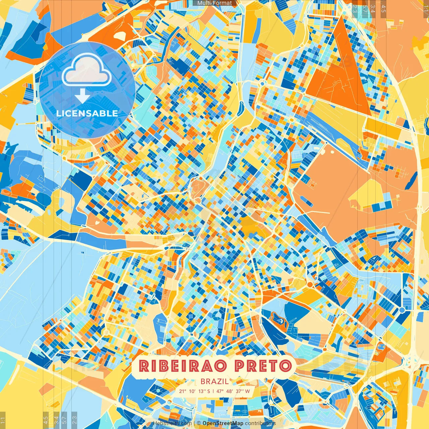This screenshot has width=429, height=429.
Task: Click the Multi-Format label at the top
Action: coord(214,3)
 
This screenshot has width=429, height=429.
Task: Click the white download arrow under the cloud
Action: coord(82,96)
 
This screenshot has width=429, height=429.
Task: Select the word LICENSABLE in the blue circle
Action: coord(87,113)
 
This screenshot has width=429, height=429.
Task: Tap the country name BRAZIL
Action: coord(214,381)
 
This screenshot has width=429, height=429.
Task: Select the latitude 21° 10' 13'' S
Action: coord(194,391)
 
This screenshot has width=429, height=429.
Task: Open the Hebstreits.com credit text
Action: coord(172,423)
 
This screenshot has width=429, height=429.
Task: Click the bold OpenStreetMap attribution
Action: coord(223,423)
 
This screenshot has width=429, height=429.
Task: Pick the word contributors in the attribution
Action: coord(260,423)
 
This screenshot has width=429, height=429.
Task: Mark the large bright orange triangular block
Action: coord(339,74)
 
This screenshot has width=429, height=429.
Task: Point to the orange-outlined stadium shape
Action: coord(278,319)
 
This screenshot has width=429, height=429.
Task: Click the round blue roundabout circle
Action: coord(402,310)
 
